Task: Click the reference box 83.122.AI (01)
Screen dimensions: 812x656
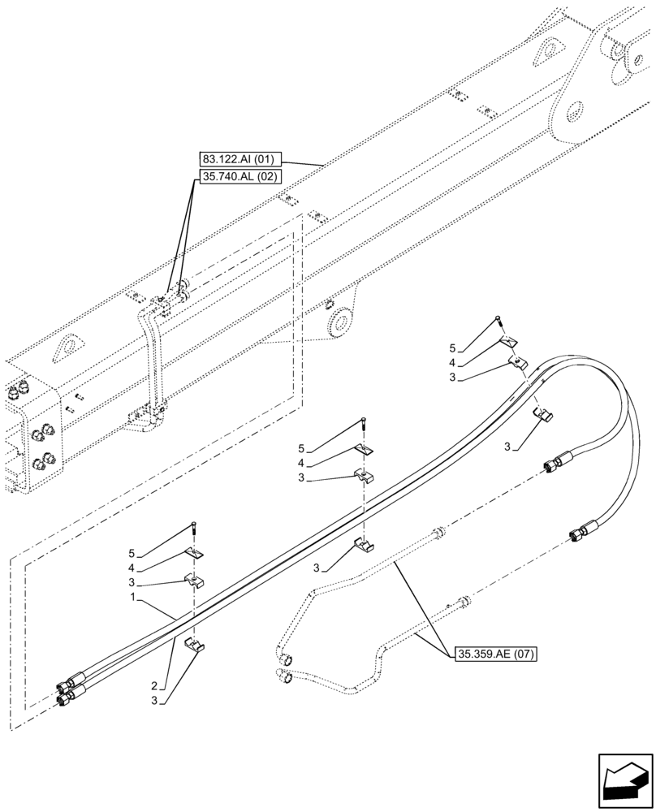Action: (239, 159)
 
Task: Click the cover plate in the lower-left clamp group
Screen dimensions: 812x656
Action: (195, 553)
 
